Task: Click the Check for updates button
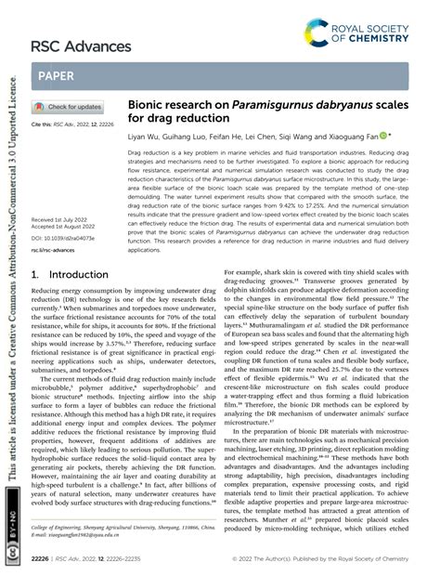click(68, 107)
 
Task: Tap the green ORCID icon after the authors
click(384, 134)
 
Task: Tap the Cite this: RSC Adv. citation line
click(73, 124)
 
